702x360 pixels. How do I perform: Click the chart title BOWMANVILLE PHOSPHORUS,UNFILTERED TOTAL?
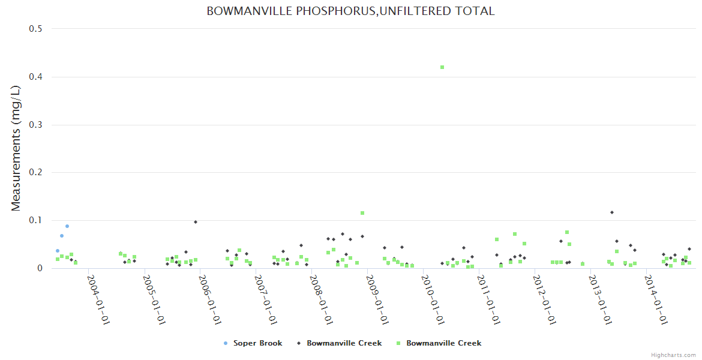[350, 11]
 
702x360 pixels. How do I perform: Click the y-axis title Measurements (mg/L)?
[16, 148]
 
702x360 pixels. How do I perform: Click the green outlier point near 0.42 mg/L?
[442, 67]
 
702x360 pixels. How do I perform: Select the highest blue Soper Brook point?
[67, 226]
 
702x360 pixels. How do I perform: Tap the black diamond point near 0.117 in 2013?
[612, 212]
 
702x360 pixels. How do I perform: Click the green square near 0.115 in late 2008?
[362, 213]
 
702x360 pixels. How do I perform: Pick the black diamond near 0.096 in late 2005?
[196, 222]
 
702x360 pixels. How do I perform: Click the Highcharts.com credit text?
[673, 355]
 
